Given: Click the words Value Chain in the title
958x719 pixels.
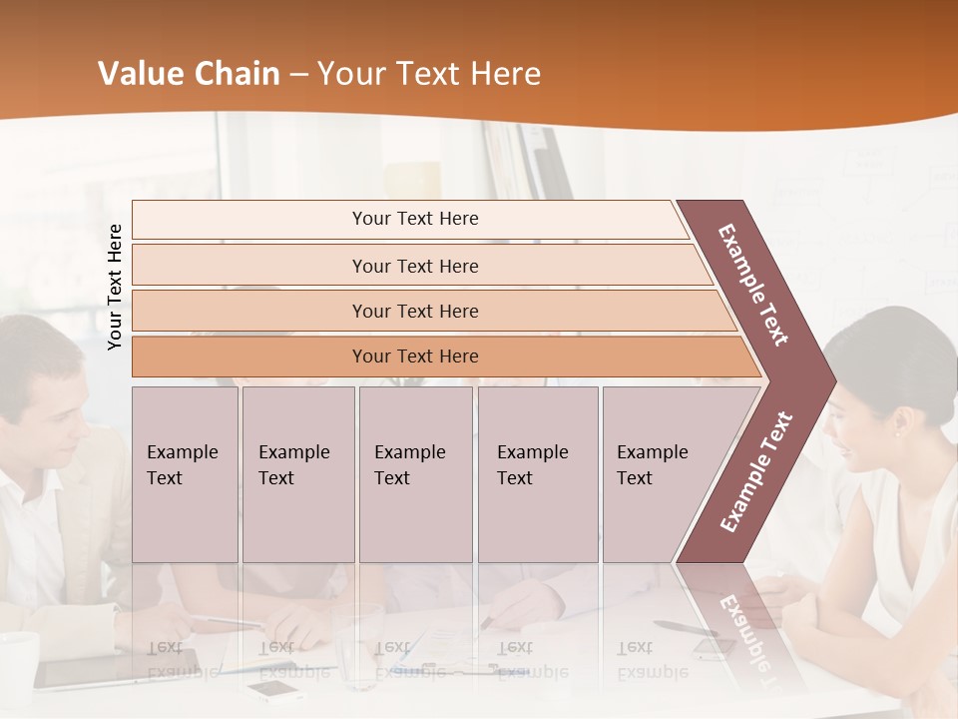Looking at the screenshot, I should tap(189, 74).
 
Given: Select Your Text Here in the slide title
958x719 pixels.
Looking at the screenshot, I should tap(429, 74).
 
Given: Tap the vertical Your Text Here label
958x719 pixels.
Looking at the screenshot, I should tap(115, 287).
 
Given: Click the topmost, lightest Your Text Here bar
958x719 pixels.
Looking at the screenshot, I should tap(414, 219).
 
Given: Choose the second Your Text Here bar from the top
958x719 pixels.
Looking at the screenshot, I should tap(414, 266).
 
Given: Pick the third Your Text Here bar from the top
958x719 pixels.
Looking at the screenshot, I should tap(414, 311).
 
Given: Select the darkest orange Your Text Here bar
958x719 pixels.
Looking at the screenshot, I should tap(414, 357).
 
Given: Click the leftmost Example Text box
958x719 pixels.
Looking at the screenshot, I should tap(185, 473).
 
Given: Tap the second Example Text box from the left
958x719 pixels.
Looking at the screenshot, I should tap(297, 473).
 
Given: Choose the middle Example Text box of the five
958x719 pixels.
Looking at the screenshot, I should tap(415, 473).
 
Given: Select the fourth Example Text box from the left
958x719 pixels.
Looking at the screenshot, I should tap(537, 473).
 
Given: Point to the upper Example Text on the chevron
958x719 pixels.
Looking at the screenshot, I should tap(753, 285).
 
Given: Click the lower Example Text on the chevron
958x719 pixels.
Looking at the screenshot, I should tap(756, 471).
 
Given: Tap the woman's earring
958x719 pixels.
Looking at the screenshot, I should tap(896, 432).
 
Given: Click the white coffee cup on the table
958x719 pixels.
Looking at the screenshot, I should tap(17, 664).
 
